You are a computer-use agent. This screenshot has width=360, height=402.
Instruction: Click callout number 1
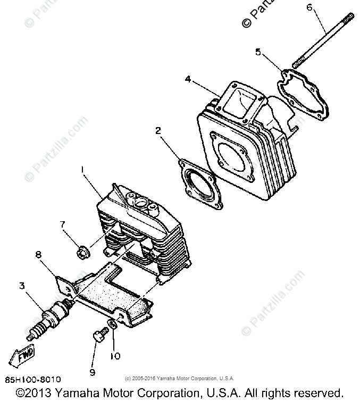coord(83,169)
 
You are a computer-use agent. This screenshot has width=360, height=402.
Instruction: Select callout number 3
coord(22,286)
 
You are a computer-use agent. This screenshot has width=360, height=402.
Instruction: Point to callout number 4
coord(188,79)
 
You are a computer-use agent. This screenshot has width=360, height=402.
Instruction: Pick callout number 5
coord(258,52)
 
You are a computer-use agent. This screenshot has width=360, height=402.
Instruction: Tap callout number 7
coord(62,224)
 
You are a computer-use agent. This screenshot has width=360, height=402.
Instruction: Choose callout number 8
coord(38,255)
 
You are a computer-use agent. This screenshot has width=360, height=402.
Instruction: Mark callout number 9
coord(92,371)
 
